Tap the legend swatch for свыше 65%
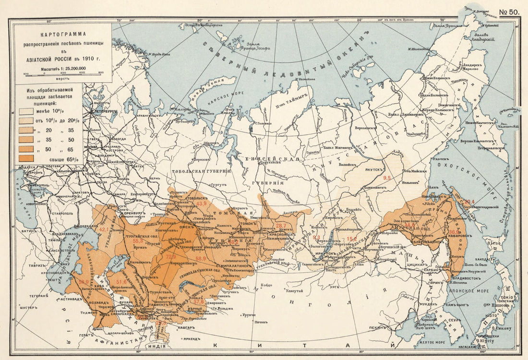coord(26,158)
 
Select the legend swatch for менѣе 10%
coord(26,111)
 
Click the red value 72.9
coord(171,257)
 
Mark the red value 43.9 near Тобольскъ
coord(201,204)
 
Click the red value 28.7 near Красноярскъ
coord(281,226)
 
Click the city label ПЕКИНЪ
coord(379,328)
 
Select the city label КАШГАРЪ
coord(188,328)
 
